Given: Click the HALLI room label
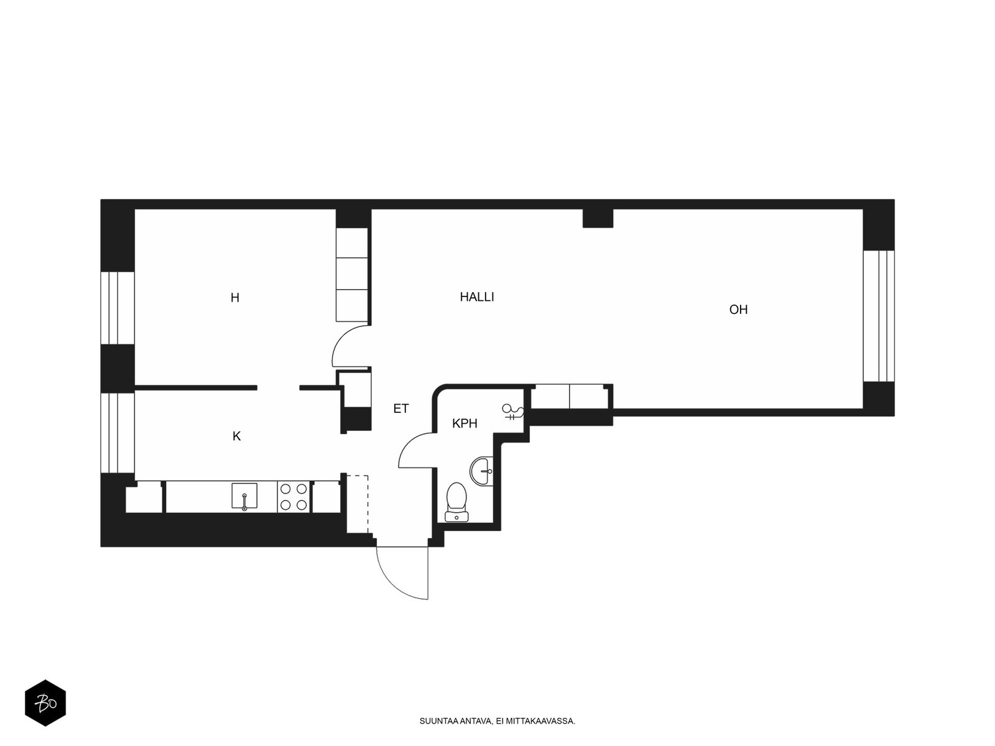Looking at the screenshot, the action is [x=476, y=297].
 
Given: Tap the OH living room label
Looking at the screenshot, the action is [x=738, y=310].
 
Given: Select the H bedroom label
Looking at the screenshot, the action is [x=235, y=298].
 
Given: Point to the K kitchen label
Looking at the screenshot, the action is [x=236, y=436].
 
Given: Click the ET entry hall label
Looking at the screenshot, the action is [x=400, y=408].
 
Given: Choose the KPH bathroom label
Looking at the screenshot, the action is [x=465, y=423].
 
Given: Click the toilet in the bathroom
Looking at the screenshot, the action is [x=456, y=502].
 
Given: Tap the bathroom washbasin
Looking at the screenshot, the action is [x=481, y=471].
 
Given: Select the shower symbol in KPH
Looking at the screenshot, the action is [x=512, y=412].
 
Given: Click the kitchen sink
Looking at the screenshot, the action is [x=244, y=496].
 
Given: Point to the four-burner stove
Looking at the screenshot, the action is [x=294, y=497].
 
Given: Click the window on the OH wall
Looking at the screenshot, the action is [x=878, y=316].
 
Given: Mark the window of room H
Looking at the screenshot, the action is [x=118, y=308].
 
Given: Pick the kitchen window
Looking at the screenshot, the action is [x=118, y=433].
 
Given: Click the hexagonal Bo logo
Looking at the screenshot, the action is [x=45, y=703].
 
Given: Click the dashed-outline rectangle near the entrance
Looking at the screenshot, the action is [x=357, y=504].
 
